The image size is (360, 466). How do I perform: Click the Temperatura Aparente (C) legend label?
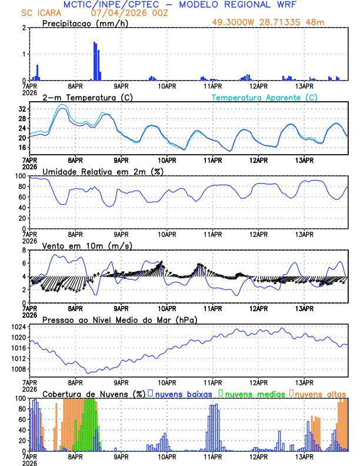(264, 97)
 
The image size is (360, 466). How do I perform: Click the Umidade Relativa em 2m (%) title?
(103, 171)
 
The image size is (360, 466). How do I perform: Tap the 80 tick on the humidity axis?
(23, 187)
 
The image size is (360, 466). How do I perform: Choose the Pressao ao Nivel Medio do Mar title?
(119, 319)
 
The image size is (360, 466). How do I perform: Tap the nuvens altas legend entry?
(320, 393)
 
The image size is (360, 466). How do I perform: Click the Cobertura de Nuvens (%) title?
(93, 393)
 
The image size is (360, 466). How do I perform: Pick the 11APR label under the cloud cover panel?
(212, 455)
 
